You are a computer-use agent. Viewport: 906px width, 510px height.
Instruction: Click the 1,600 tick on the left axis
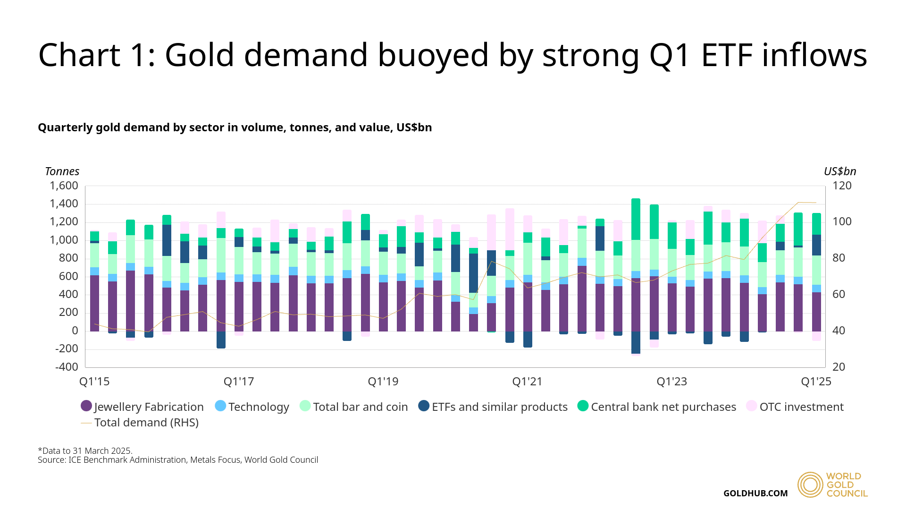(64, 186)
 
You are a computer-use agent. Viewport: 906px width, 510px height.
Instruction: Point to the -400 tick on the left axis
(67, 367)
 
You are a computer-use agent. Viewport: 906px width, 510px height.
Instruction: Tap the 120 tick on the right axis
(842, 186)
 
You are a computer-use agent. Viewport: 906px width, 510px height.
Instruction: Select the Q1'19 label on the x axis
(383, 382)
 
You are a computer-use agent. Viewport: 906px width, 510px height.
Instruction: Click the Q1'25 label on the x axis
(816, 382)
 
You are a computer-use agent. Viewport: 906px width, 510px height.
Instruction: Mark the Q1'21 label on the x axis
(528, 382)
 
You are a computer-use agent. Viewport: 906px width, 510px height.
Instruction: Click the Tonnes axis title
(62, 171)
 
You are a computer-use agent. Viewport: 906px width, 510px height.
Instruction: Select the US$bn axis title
(840, 171)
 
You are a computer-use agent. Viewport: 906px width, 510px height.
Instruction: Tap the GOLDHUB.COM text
(755, 493)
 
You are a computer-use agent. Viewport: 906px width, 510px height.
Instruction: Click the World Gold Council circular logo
(810, 485)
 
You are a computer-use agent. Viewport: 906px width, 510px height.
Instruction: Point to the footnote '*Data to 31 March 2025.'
(85, 450)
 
